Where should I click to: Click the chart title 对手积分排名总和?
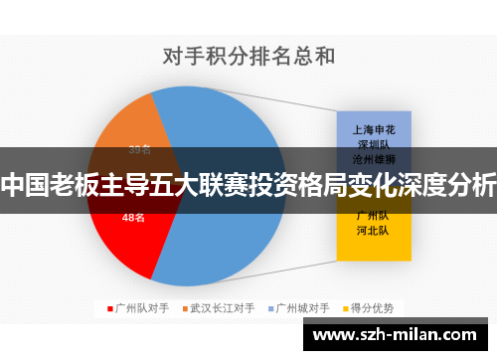[x=248, y=56]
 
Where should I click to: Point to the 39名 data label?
[x=140, y=150]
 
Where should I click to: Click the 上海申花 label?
[x=373, y=128]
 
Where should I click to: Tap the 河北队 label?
[x=373, y=230]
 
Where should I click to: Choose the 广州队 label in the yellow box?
[x=373, y=215]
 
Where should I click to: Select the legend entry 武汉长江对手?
[x=223, y=308]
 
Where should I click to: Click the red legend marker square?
[x=109, y=308]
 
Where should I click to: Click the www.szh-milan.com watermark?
[x=398, y=335]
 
